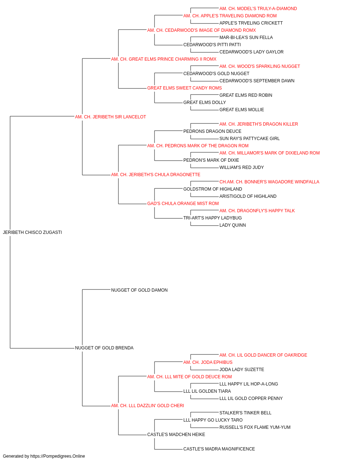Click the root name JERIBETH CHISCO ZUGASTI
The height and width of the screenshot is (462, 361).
32,232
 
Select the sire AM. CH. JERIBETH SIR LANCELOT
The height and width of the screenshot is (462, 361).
110,117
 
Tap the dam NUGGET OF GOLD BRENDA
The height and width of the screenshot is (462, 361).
104,348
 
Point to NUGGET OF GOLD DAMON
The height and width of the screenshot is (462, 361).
139,290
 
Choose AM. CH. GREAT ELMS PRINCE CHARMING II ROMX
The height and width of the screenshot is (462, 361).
164,59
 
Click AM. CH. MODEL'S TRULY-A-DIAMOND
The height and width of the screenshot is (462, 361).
258,9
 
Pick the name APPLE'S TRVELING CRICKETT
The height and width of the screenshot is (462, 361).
251,23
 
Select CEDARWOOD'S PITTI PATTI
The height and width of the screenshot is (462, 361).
212,45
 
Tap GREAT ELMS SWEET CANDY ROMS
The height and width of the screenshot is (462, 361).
184,88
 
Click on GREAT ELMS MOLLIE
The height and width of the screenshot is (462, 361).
242,110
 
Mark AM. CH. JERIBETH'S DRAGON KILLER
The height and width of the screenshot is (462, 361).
258,124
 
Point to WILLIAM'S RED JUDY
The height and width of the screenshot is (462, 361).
242,167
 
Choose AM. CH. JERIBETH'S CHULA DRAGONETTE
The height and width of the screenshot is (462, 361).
156,175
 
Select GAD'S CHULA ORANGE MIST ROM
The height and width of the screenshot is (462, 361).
183,204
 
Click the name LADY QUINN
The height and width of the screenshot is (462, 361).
232,225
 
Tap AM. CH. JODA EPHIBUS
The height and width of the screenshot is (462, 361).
208,362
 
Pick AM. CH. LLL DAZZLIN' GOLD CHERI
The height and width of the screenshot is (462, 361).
148,406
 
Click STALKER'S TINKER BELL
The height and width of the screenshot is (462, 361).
245,413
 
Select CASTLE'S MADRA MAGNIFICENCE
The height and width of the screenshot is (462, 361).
219,449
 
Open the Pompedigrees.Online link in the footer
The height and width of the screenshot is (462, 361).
57,456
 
